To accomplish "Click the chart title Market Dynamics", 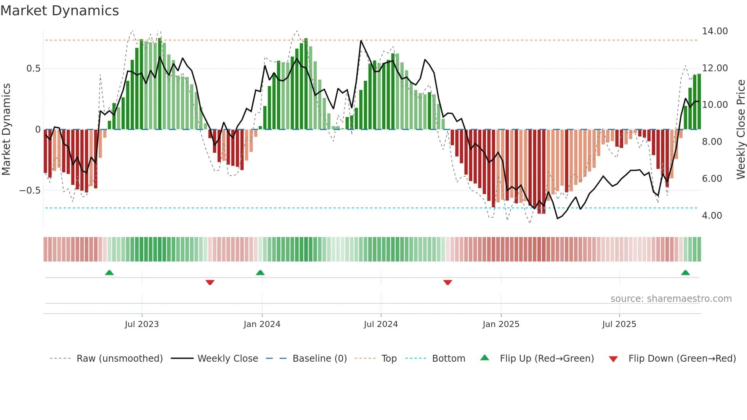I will pyautogui.click(x=59, y=11).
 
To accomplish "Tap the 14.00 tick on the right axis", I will pyautogui.click(x=715, y=31).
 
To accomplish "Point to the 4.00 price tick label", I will pyautogui.click(x=712, y=216).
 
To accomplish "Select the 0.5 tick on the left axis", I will pyautogui.click(x=33, y=69).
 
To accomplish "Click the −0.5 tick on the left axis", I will pyautogui.click(x=30, y=191).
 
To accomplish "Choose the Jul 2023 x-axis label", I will pyautogui.click(x=142, y=324).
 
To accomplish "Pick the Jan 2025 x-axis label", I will pyautogui.click(x=501, y=324).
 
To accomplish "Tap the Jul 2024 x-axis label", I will pyautogui.click(x=381, y=324).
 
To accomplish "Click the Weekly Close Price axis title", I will pyautogui.click(x=741, y=130).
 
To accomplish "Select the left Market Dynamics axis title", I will pyautogui.click(x=6, y=130).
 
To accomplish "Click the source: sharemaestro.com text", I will pyautogui.click(x=671, y=299).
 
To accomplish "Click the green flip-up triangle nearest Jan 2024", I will pyautogui.click(x=260, y=273).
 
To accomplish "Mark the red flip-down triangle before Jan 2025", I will pyautogui.click(x=448, y=282).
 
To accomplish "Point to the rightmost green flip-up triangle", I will pyautogui.click(x=685, y=273).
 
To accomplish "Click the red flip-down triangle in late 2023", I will pyautogui.click(x=210, y=282).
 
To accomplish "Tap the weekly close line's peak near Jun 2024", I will pyautogui.click(x=361, y=40).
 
